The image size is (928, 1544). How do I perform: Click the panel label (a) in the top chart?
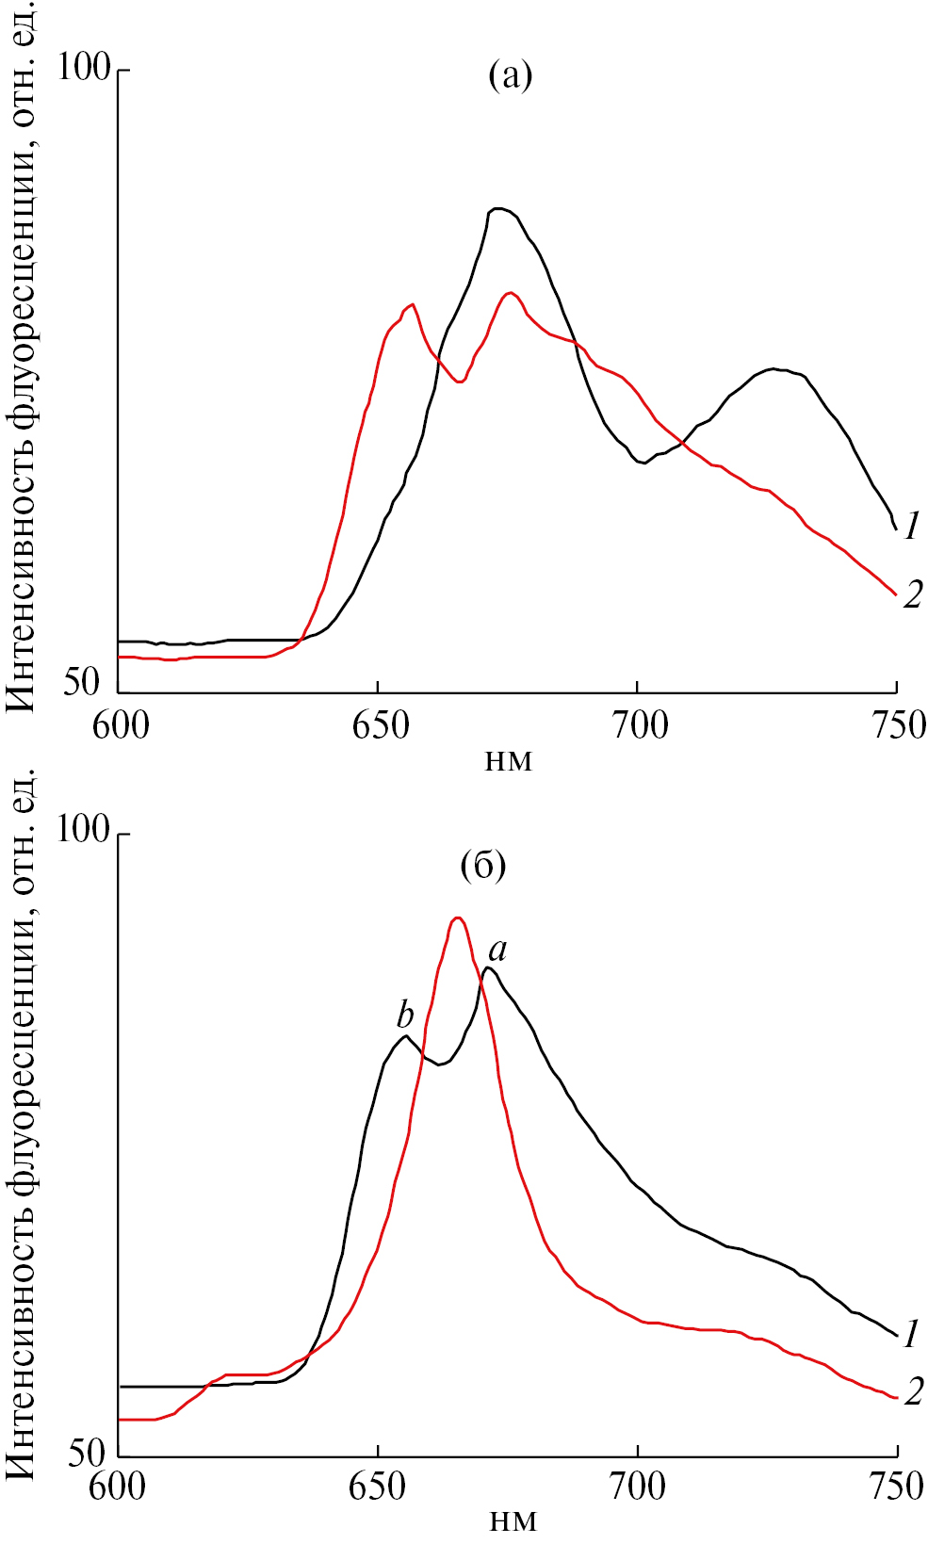click(510, 75)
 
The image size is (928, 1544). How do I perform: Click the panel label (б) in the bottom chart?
click(483, 865)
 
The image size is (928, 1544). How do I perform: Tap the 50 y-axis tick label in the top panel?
click(82, 682)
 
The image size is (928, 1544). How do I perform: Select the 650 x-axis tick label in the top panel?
click(378, 725)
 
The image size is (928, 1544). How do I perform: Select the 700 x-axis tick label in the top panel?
click(638, 725)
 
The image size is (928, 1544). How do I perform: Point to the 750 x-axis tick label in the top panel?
click(896, 725)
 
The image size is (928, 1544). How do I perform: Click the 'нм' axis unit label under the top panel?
click(509, 760)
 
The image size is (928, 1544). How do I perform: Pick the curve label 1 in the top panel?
click(911, 527)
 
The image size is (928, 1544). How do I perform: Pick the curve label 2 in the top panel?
click(912, 594)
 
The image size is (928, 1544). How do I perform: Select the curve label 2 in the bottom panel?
click(912, 1392)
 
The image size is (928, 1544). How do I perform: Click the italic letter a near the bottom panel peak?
click(497, 950)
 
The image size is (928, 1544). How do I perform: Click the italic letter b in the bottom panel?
click(405, 1016)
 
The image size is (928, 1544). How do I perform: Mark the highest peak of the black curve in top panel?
click(498, 208)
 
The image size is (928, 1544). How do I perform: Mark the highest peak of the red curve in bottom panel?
click(458, 918)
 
